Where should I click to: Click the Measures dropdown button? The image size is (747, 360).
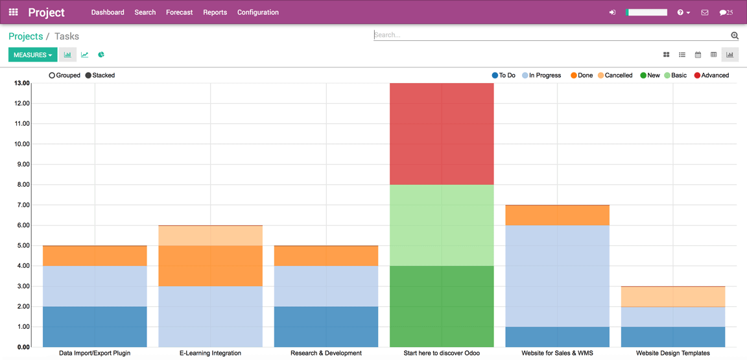pos(32,55)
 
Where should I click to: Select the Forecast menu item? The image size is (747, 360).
pos(179,12)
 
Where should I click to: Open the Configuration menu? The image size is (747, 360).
pos(257,12)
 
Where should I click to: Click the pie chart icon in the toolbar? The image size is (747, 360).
pos(101,55)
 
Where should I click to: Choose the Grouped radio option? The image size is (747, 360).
pos(52,75)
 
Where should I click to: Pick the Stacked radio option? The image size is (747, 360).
pos(89,75)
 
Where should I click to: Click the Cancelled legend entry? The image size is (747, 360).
pos(615,75)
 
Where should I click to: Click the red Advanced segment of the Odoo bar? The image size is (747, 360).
pos(442,134)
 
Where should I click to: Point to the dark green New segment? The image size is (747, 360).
pos(442,306)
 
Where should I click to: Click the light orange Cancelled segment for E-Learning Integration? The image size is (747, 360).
pos(210,235)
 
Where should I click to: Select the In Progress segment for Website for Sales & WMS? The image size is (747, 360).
pos(557,276)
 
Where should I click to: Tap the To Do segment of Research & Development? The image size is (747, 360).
pos(326,326)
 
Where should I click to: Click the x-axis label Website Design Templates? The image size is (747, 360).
pos(672,354)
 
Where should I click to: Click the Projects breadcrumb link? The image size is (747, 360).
pos(25,36)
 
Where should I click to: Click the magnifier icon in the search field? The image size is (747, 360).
pos(735,36)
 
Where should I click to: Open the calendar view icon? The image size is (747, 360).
pos(698,55)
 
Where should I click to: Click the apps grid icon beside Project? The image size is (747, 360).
pos(13,12)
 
